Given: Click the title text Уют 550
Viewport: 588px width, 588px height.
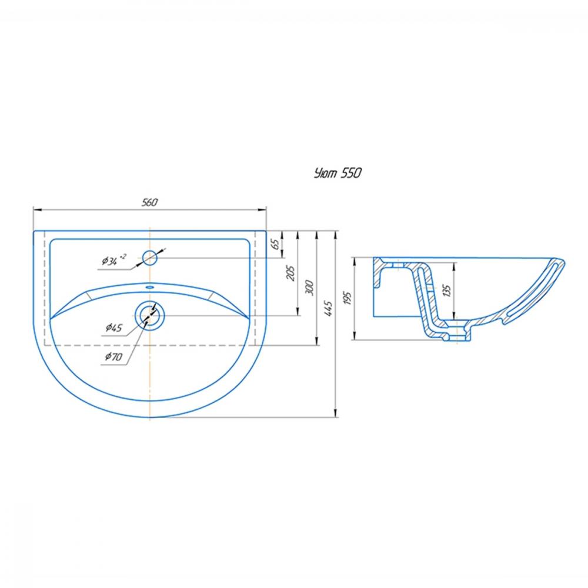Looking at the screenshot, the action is click(x=338, y=173).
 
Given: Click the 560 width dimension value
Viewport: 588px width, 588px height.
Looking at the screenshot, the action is click(x=149, y=202).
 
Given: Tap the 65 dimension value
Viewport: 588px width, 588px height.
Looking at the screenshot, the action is click(x=275, y=244).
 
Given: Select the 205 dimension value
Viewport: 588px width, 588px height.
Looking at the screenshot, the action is click(x=290, y=273).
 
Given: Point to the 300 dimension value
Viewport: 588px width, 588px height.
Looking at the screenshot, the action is click(x=310, y=288).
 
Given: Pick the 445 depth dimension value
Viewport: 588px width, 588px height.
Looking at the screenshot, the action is click(x=328, y=308).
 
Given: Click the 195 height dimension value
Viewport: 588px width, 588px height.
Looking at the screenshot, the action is click(x=348, y=298).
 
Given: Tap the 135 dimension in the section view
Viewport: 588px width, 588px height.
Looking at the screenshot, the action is click(x=447, y=290).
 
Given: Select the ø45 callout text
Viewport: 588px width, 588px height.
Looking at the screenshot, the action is click(x=113, y=328).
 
